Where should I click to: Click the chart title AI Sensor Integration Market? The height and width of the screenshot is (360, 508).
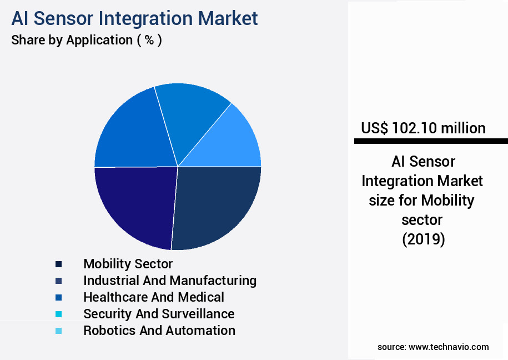tap(134, 18)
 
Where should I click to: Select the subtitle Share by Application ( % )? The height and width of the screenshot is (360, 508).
tap(87, 40)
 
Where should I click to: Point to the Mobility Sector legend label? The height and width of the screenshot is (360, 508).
tap(128, 264)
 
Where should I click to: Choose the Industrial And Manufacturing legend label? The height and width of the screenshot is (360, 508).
tap(170, 281)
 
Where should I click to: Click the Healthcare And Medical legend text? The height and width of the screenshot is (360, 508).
tap(154, 297)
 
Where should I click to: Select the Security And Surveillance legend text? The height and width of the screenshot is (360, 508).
tap(159, 314)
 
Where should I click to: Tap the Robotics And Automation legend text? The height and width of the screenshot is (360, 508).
tap(159, 331)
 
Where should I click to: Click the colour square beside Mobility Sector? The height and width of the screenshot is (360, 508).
tap(58, 264)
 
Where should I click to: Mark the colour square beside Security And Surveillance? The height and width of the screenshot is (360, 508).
tap(58, 314)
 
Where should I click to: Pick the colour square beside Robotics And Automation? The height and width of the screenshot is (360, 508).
tap(58, 331)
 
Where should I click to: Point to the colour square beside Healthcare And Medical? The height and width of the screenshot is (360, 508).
tap(58, 297)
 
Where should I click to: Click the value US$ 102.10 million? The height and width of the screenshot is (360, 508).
tap(423, 128)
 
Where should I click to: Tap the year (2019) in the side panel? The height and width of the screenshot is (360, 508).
tap(423, 239)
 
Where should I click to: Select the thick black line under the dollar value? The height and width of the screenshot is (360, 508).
tap(431, 142)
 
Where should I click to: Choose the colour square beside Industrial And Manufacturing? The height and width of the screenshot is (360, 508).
tap(58, 281)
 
